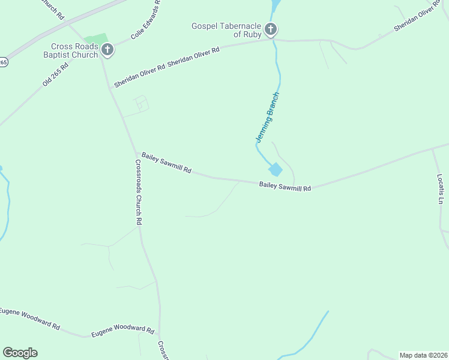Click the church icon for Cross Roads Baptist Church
[107, 50]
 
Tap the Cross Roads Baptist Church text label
[74, 51]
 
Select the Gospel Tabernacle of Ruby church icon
[271, 29]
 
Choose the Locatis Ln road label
[439, 189]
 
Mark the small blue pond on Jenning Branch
[275, 170]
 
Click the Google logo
[20, 353]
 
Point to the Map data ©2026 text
[423, 355]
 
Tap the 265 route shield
[2, 62]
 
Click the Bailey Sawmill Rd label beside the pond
[285, 187]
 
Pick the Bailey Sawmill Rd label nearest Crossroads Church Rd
[166, 163]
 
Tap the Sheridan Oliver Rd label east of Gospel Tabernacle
[418, 20]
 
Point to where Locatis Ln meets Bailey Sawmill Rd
[432, 148]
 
